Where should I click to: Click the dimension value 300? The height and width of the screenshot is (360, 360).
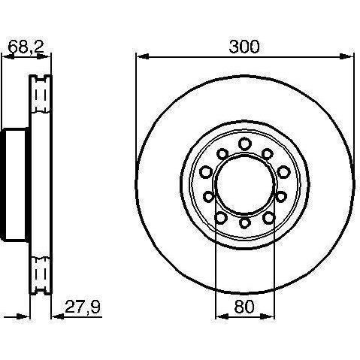click(244, 47)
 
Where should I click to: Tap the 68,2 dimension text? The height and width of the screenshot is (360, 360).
click(26, 47)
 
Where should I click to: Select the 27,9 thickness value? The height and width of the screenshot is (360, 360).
click(83, 307)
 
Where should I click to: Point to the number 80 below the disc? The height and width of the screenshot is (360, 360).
click(244, 307)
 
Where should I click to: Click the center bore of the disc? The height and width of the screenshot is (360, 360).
click(245, 183)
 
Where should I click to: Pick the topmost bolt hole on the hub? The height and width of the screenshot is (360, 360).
click(245, 144)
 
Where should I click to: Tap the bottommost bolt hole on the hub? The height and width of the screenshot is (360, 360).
click(245, 222)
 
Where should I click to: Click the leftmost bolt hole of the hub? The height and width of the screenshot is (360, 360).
click(207, 172)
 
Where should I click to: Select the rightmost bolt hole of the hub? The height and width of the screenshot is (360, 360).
click(283, 172)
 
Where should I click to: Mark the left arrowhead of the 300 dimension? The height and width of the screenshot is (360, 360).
click(142, 56)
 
